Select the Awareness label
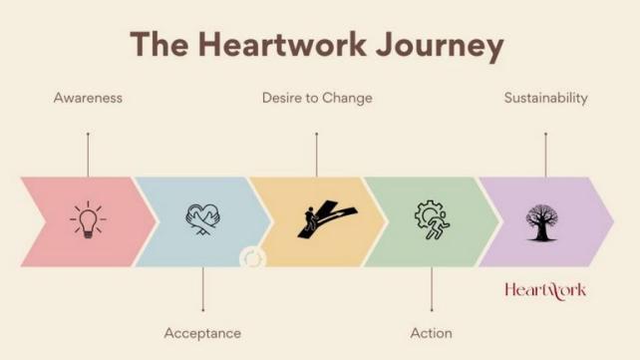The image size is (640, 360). (88, 98)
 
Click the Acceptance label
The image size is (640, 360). (202, 333)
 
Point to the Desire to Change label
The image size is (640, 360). (317, 98)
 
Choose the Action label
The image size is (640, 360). (431, 333)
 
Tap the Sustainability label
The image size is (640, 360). (545, 98)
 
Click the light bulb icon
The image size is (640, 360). (88, 219)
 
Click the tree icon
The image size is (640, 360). (545, 219)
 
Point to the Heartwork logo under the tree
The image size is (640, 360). (545, 290)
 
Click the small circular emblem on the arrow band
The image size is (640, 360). (253, 258)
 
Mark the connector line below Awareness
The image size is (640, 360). (88, 155)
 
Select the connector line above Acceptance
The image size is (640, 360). (202, 289)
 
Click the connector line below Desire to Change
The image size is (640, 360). (317, 155)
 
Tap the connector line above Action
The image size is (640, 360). (431, 289)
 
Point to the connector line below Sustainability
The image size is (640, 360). (545, 155)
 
